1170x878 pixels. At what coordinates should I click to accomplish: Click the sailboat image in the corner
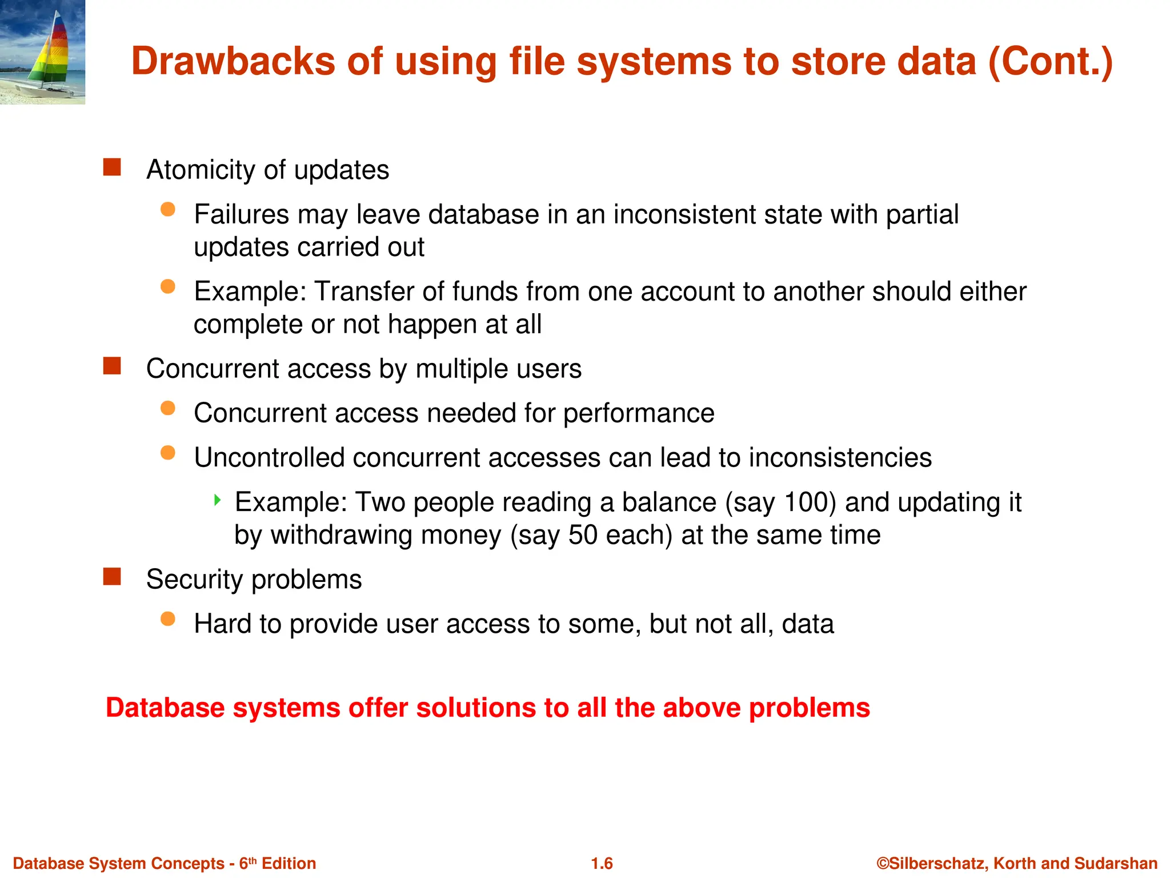point(43,51)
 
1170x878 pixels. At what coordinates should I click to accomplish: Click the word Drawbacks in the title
point(233,61)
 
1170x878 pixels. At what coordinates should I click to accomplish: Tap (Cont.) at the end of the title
point(1050,61)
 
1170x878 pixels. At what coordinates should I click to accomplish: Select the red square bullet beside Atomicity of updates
point(112,167)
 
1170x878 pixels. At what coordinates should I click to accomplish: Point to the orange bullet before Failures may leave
point(168,209)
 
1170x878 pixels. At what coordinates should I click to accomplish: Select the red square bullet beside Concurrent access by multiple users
point(112,366)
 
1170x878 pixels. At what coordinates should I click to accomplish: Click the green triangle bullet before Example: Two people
point(217,500)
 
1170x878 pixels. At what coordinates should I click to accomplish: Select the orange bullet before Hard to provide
point(168,619)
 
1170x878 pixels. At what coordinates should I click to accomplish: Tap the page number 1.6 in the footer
point(602,863)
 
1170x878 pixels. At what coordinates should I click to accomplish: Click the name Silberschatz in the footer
point(936,863)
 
